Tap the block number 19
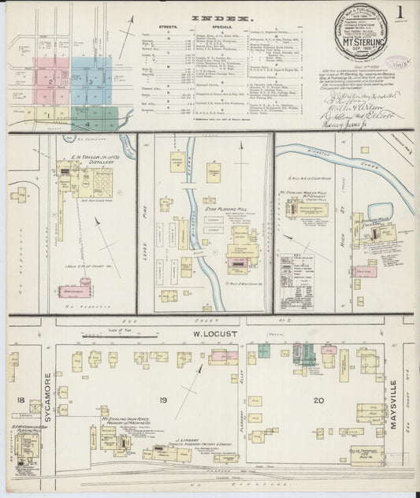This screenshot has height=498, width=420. [163, 401]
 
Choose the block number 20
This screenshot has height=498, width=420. [318, 401]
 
